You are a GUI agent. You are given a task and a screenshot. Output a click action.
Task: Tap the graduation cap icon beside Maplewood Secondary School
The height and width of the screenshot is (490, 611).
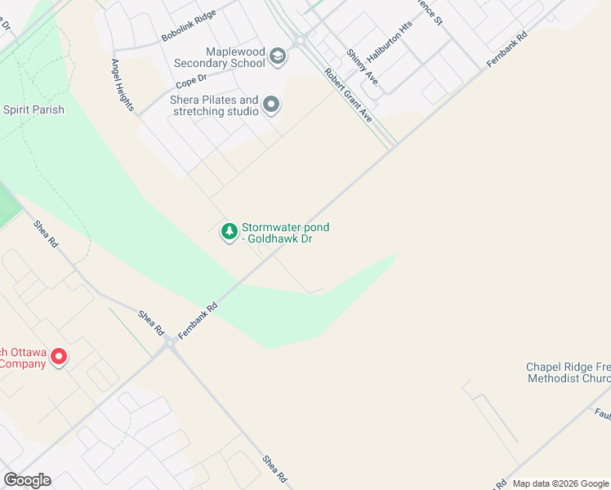pos(278,56)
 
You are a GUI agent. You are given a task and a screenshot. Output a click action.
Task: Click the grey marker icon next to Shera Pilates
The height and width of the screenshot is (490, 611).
pos(271,105)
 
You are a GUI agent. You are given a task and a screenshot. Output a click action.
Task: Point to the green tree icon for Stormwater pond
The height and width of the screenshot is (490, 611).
pos(230,232)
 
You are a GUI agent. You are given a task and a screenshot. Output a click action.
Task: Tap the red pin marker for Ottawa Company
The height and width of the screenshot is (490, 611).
pos(58,357)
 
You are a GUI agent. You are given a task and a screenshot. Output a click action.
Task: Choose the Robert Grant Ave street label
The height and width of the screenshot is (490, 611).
pos(348,96)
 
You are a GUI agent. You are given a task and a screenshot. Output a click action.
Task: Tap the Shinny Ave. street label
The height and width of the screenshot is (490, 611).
pos(361,67)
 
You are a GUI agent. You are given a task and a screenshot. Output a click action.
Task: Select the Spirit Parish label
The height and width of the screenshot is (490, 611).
pos(33,109)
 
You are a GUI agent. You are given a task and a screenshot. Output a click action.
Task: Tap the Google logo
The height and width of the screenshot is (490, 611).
pos(27,480)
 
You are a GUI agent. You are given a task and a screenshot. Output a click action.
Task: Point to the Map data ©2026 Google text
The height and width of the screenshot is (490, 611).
pos(560,483)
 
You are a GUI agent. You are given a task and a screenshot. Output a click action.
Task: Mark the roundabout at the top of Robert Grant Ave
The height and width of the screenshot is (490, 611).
pos(300,38)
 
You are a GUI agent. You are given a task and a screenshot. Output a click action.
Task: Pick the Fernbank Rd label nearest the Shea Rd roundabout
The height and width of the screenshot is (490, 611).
pos(198,319)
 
